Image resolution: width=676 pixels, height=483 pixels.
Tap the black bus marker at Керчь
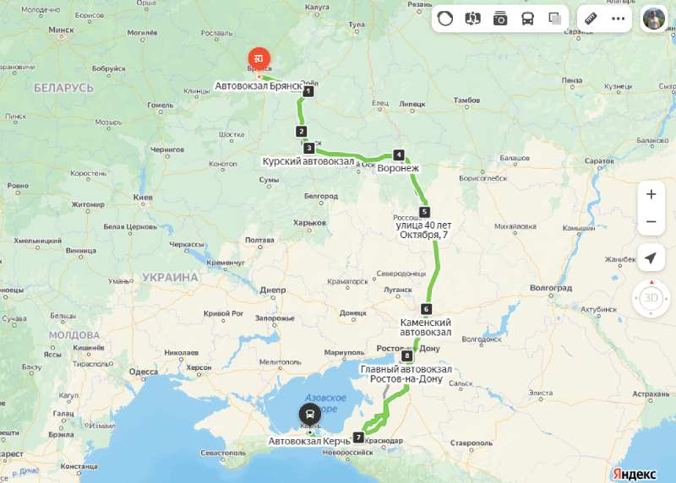pos(310,414)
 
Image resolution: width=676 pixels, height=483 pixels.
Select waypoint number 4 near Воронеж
pos(398,155)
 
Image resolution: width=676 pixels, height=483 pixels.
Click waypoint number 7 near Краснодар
pos(358,437)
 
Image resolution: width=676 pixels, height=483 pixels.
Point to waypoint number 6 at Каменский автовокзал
pos(426,309)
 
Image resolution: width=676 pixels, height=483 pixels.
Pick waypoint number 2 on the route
pos(301,131)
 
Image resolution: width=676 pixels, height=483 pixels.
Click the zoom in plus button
pos(651,194)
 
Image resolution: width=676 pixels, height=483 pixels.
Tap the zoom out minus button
pos(651,221)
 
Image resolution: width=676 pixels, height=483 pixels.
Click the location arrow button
pos(651,258)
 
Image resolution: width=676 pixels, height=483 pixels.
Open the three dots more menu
pos(618,18)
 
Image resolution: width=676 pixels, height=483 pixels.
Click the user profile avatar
pos(653,18)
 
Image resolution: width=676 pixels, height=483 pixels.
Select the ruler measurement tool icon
pos(591,18)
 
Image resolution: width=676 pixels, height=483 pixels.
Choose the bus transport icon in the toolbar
pos(527,18)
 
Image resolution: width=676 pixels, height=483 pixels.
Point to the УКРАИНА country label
pos(170,277)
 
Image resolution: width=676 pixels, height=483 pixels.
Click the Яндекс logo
pos(631,475)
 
